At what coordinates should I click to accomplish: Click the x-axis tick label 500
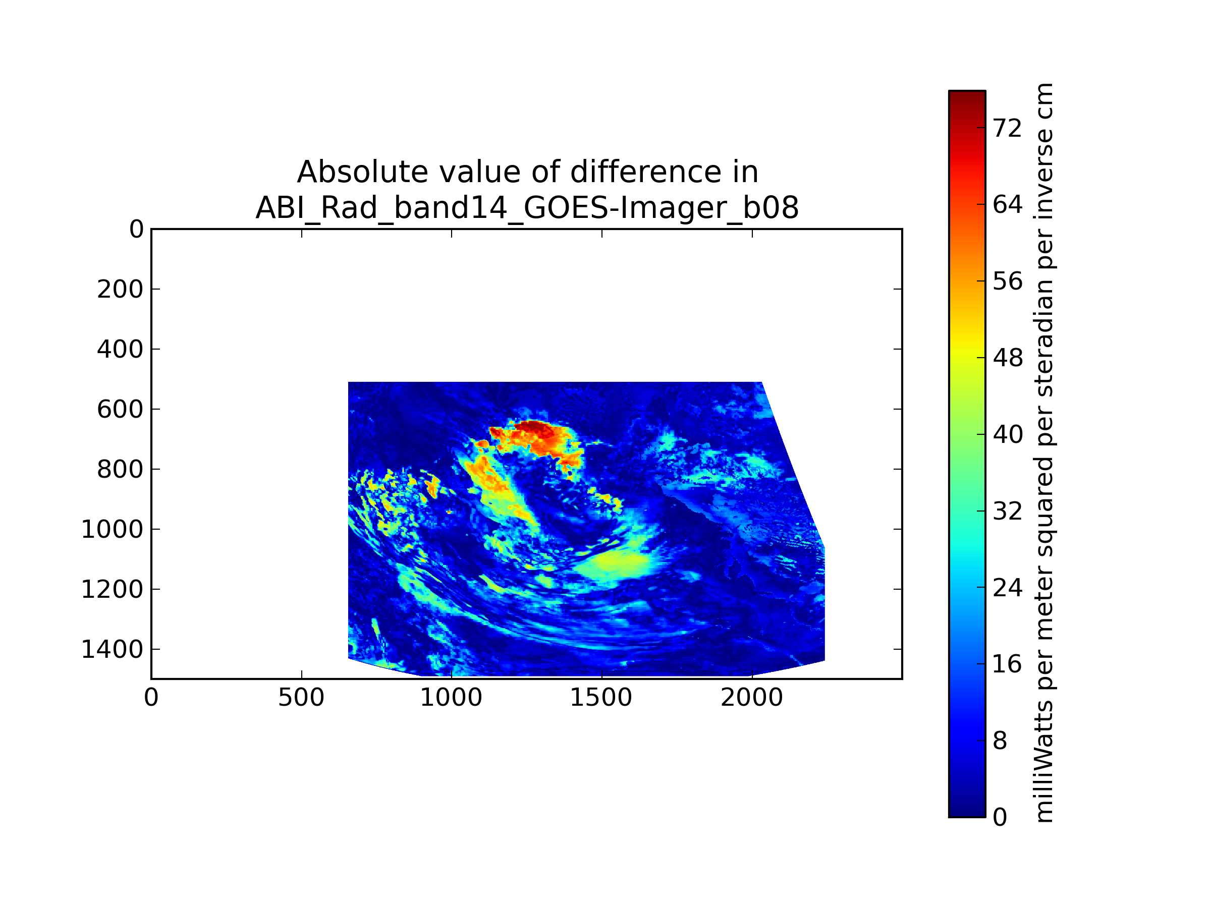(301, 698)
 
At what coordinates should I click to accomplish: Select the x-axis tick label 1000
(451, 698)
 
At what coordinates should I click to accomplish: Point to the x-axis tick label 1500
(601, 698)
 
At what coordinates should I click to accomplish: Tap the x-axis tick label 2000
(752, 698)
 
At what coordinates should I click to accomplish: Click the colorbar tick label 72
(1007, 129)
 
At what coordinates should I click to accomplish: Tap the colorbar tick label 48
(1007, 359)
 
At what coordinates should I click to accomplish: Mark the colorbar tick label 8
(1000, 741)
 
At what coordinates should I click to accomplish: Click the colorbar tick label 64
(1007, 205)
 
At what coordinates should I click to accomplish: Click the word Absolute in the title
(362, 173)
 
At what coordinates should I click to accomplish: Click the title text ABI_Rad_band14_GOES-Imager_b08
(527, 208)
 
